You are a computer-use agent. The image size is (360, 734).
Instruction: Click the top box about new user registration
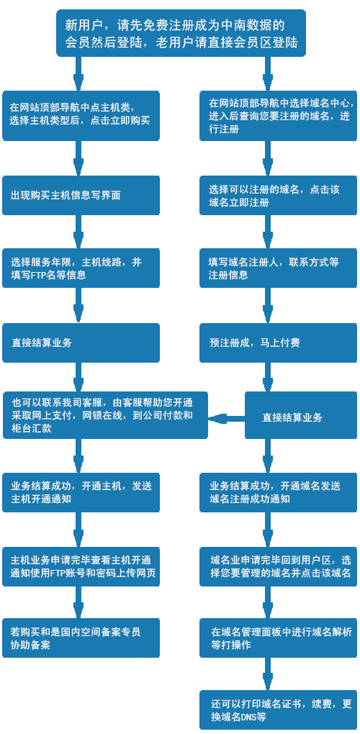tap(181, 33)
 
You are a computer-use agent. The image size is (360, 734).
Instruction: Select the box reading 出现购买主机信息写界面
tap(81, 195)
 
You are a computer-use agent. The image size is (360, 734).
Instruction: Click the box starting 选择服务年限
tap(81, 268)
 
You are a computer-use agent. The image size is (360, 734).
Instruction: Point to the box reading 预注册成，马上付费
tap(279, 343)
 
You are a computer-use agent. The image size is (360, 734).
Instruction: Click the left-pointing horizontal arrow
tap(226, 417)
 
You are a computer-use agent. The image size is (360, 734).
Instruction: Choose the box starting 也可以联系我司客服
tap(105, 415)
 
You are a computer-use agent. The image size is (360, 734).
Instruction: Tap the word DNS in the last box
tap(250, 717)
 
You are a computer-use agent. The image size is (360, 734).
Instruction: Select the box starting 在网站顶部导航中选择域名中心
tap(279, 116)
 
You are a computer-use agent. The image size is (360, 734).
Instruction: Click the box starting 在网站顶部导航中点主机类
tap(81, 116)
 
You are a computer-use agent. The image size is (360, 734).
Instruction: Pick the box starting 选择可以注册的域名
tap(279, 195)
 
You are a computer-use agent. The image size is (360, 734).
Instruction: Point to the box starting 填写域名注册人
tap(279, 268)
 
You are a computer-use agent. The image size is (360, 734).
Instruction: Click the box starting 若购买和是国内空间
tap(81, 638)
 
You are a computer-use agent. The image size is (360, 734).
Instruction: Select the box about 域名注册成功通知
tap(279, 492)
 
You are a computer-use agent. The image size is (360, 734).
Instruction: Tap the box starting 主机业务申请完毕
tap(81, 566)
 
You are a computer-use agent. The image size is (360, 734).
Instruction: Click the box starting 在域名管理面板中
tap(279, 638)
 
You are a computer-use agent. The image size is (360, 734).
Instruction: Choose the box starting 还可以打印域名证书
tap(279, 710)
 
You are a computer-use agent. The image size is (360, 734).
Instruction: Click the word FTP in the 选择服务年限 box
tap(38, 275)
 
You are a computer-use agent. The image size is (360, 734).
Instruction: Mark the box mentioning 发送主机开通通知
tap(81, 492)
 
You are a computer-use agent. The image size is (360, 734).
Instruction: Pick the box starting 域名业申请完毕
tap(279, 566)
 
